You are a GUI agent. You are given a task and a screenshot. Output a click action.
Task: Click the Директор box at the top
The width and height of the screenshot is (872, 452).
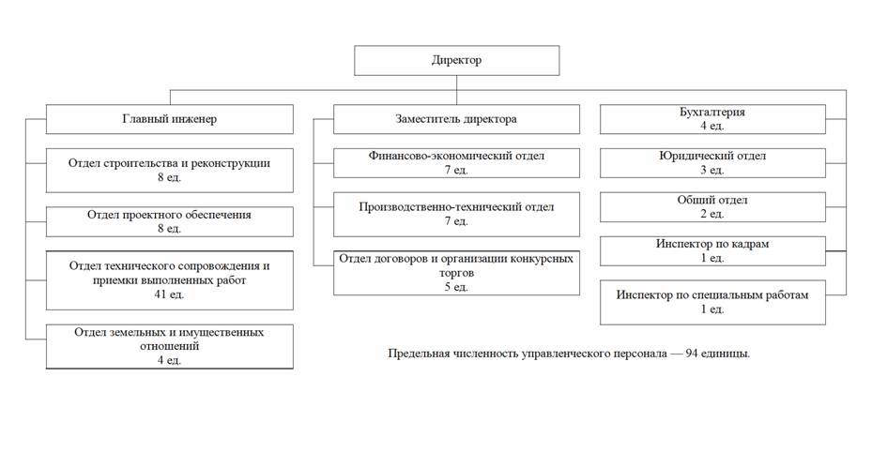coord(456,60)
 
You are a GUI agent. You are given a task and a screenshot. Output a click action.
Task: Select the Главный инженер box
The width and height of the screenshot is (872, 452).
coord(169,119)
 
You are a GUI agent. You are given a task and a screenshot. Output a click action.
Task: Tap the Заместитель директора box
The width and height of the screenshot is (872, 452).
coord(456,119)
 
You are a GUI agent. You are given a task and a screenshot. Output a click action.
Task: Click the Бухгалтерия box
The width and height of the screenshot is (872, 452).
coord(713,119)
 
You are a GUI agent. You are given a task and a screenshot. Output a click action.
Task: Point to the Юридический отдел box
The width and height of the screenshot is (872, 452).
coord(713,162)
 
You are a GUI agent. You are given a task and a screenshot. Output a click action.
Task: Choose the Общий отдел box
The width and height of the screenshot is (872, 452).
coord(713,206)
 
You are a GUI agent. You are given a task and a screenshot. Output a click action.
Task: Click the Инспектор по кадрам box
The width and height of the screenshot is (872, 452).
coord(713,250)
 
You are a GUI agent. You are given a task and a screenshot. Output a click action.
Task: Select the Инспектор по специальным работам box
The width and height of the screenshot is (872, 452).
coord(713,301)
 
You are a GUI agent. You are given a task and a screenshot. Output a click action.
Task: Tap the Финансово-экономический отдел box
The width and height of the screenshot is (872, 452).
coord(456,162)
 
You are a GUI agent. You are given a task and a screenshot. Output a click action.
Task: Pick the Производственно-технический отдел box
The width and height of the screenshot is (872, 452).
coord(456,213)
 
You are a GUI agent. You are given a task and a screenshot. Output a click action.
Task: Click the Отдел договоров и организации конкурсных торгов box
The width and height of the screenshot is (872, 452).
coord(456,272)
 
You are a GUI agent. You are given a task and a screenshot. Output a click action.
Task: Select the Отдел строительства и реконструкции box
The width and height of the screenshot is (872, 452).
coord(169,169)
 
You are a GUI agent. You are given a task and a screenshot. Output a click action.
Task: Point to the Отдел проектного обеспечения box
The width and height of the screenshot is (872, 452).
coord(169,220)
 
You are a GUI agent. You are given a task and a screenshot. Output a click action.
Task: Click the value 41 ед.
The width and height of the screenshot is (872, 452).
coord(170,294)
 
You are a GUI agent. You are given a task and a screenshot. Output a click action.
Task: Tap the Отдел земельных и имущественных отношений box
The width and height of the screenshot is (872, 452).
coord(169,345)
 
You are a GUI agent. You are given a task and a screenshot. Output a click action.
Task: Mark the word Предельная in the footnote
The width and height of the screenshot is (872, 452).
coord(420,354)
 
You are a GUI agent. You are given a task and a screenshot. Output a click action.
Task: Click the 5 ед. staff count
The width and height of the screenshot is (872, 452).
coord(456,287)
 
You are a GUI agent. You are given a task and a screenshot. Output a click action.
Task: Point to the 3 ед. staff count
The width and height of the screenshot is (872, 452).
coord(712,170)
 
